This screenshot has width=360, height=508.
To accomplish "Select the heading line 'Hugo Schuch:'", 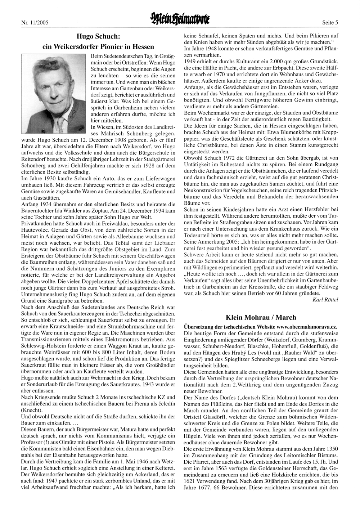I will (98, 36).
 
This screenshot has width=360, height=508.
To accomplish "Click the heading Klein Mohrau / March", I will (261, 317).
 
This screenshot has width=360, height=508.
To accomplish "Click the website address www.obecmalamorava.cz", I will (307, 327).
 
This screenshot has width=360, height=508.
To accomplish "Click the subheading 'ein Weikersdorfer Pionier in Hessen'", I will (98, 47).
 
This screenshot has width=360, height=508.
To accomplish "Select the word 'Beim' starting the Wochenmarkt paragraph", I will (190, 113).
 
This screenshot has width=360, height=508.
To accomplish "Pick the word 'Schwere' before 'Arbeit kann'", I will (193, 255).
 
